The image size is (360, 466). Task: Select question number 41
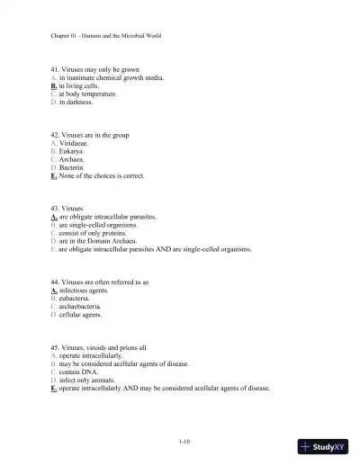(x=56, y=69)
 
